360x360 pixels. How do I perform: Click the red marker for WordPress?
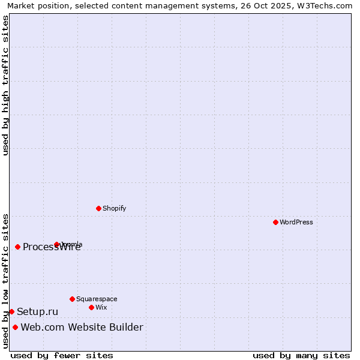[275, 222]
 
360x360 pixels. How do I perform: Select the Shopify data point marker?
[98, 208]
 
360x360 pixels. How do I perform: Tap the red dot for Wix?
[91, 307]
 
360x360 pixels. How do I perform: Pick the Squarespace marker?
[72, 299]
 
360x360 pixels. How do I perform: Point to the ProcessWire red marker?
[17, 247]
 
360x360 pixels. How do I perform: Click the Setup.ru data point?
[11, 311]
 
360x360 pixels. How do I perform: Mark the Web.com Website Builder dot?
[15, 327]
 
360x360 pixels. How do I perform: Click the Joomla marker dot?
[56, 244]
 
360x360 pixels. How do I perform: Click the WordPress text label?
[296, 222]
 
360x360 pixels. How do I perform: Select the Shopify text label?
[114, 208]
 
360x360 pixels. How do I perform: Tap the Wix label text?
[101, 307]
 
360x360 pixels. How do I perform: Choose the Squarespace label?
[97, 299]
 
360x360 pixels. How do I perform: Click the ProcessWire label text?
[52, 247]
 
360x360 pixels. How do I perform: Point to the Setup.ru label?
[37, 311]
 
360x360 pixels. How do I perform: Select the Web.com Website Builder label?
[82, 327]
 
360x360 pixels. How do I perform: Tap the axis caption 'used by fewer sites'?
[62, 355]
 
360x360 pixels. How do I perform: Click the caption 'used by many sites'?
[301, 355]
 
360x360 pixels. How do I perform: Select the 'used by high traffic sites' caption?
[5, 85]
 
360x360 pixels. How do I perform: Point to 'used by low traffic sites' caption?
[5, 280]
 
